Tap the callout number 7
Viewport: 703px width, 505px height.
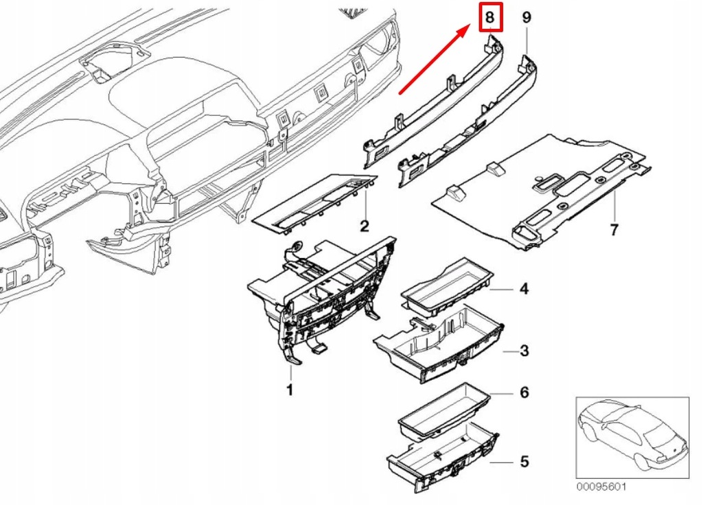tap(614, 228)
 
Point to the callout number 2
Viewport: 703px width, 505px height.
tap(365, 226)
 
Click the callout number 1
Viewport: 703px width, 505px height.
tap(290, 390)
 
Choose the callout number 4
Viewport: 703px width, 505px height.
tap(524, 289)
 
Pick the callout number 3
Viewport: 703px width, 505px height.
tap(524, 351)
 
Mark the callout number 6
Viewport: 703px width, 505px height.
tap(524, 392)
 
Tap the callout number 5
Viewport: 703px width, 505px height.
tap(524, 459)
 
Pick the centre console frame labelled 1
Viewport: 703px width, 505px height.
tap(323, 302)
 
